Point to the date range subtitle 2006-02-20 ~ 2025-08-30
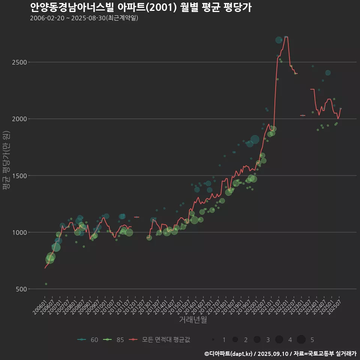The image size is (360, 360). coord(84,18)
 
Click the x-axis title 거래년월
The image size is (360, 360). coord(193,320)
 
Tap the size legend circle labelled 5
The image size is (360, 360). coord(301,340)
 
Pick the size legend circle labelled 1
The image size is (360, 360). coord(213,340)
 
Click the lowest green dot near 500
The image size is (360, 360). coord(46,284)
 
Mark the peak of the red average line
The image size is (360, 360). coord(286,37)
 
